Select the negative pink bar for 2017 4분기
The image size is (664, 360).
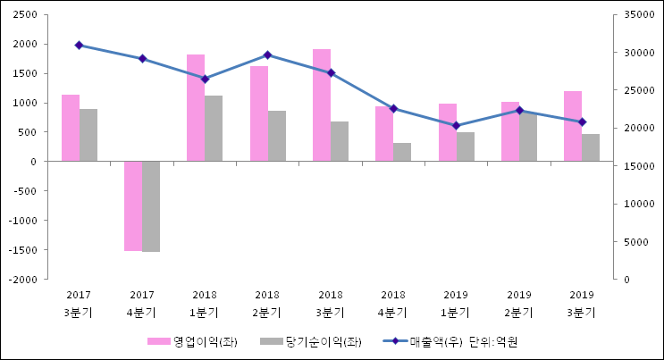(x=133, y=205)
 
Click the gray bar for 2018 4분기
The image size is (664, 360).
(x=402, y=152)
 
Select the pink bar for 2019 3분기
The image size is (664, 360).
(x=573, y=126)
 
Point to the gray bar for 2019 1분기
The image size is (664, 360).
(x=466, y=147)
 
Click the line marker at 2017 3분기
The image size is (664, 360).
(x=79, y=45)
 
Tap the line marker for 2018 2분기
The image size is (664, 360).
(x=267, y=55)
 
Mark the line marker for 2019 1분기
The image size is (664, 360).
(x=456, y=125)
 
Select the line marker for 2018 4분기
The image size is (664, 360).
(x=393, y=108)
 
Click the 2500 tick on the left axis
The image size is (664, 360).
(x=24, y=15)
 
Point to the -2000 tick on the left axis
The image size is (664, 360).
(x=22, y=280)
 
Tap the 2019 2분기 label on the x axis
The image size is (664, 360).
(x=519, y=304)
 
